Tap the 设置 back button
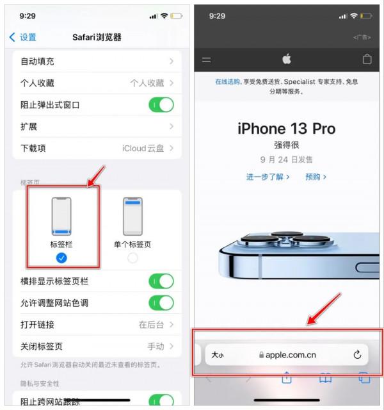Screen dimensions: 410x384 click(23, 37)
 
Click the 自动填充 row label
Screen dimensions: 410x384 click(37, 61)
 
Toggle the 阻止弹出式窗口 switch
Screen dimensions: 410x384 click(161, 104)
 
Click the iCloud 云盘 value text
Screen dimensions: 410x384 click(143, 148)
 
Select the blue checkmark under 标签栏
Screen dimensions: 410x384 click(62, 258)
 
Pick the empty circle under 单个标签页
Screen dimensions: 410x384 click(132, 258)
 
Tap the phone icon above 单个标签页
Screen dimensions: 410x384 click(132, 217)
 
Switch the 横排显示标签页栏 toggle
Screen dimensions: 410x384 click(161, 281)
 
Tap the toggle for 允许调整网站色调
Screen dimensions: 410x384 click(161, 303)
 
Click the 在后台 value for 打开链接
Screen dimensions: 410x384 click(152, 325)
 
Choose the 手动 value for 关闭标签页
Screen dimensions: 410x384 click(156, 347)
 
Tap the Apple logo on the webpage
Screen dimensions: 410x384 click(287, 60)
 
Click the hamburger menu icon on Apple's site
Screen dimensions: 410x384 click(206, 60)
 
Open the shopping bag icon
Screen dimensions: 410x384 click(367, 60)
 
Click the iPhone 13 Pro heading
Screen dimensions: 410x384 click(286, 129)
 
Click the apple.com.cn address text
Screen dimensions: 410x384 click(291, 355)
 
